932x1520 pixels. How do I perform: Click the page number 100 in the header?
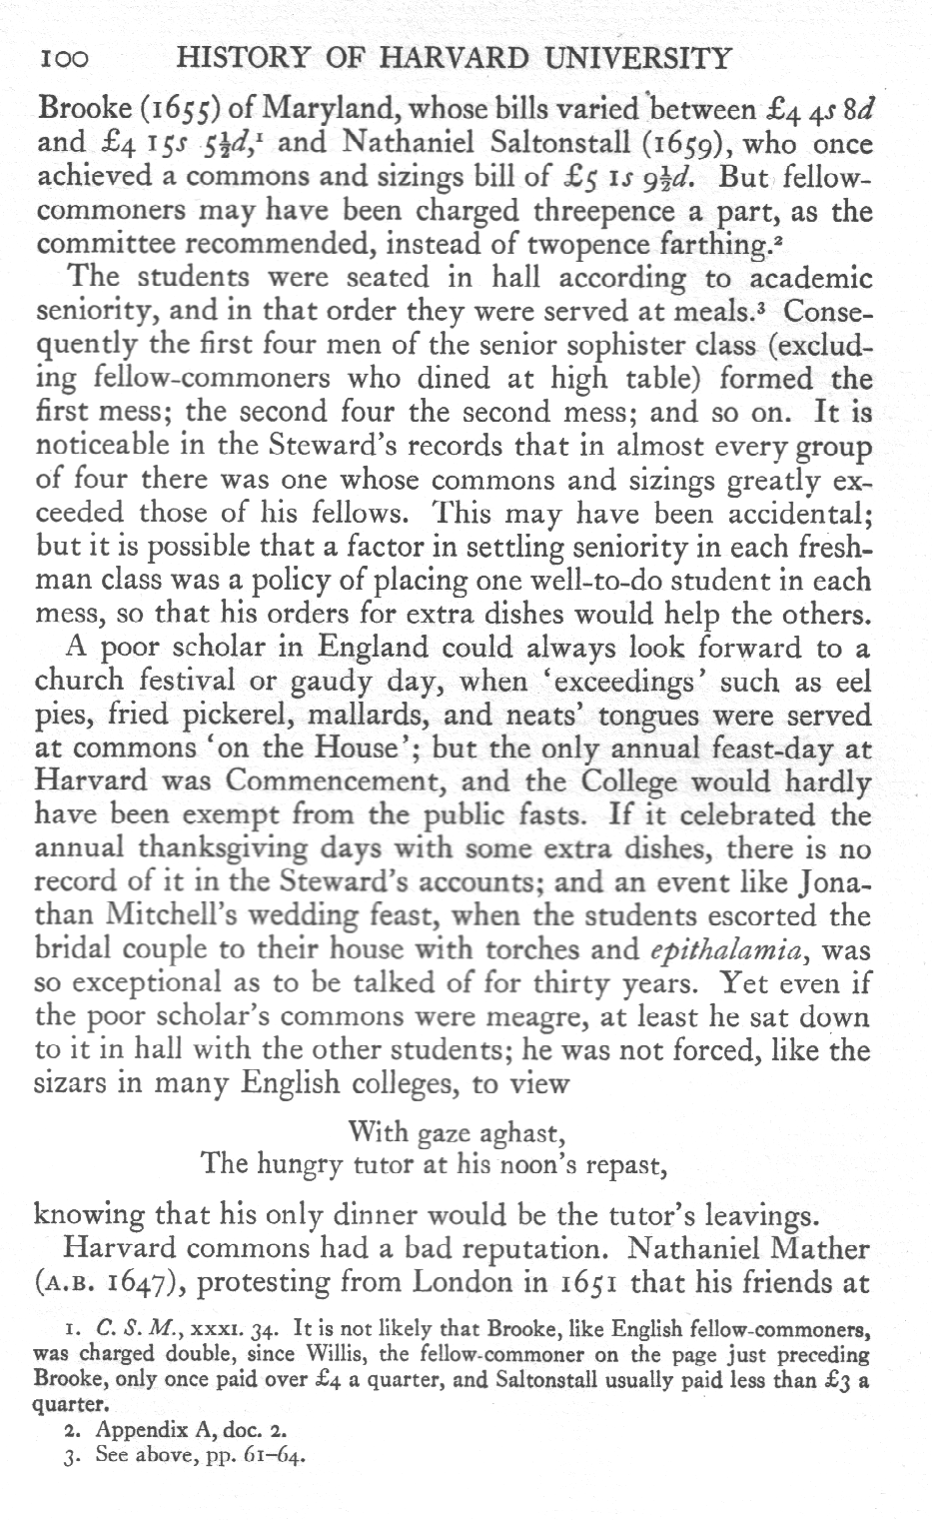(62, 59)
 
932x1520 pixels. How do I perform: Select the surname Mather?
(810, 1249)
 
